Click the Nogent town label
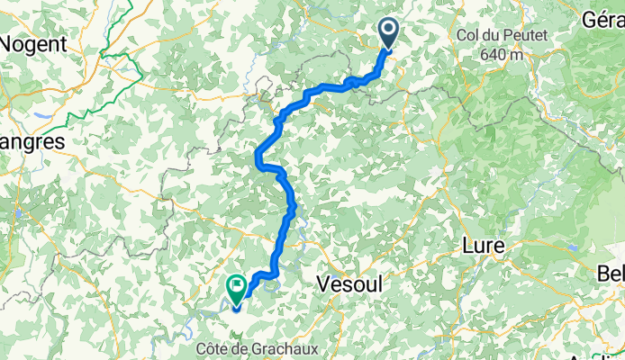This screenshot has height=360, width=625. click(x=33, y=42)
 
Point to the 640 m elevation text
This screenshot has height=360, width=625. click(x=502, y=54)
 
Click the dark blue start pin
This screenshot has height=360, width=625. click(x=389, y=33)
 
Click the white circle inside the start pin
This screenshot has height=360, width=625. click(x=389, y=30)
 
